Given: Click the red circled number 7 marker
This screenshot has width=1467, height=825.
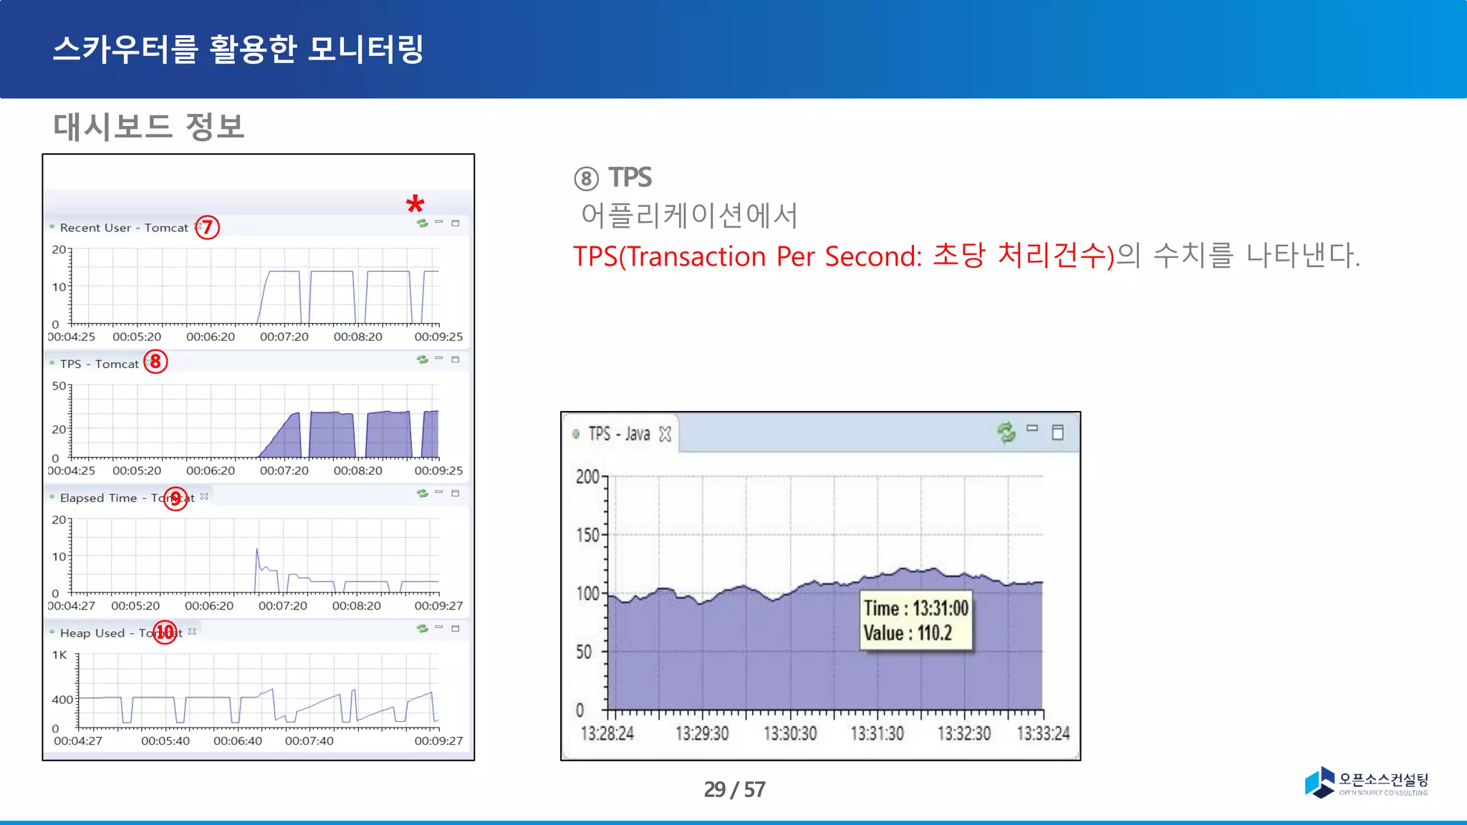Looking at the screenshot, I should click(207, 228).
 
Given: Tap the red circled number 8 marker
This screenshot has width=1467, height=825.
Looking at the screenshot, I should click(155, 362).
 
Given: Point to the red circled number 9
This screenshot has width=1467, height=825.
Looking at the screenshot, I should click(175, 498).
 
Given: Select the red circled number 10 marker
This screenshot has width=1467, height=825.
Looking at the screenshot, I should click(165, 632).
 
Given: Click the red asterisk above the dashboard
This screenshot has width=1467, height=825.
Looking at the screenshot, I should click(415, 205).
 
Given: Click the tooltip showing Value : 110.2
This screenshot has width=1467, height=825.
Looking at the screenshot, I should click(916, 621).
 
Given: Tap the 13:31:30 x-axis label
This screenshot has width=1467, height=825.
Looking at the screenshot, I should click(877, 734).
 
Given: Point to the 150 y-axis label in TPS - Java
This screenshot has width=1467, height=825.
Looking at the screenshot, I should click(587, 535).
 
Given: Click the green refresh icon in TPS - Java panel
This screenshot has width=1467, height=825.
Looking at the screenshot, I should click(1006, 432).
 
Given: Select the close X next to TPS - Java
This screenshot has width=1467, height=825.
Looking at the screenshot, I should click(665, 434).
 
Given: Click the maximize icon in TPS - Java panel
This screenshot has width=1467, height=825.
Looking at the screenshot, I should click(1058, 433).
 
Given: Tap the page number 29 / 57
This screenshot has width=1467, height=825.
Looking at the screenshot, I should click(734, 789).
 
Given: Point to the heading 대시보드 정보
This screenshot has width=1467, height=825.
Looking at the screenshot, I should click(149, 127).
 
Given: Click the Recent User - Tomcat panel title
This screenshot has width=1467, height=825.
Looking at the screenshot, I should click(124, 228).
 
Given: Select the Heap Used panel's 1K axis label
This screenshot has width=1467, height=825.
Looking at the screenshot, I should click(59, 655).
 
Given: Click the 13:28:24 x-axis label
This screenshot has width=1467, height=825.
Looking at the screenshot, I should click(607, 734).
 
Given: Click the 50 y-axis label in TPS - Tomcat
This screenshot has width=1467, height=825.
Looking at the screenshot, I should click(59, 386).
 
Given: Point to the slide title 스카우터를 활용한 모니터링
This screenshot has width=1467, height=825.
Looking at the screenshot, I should click(238, 49).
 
